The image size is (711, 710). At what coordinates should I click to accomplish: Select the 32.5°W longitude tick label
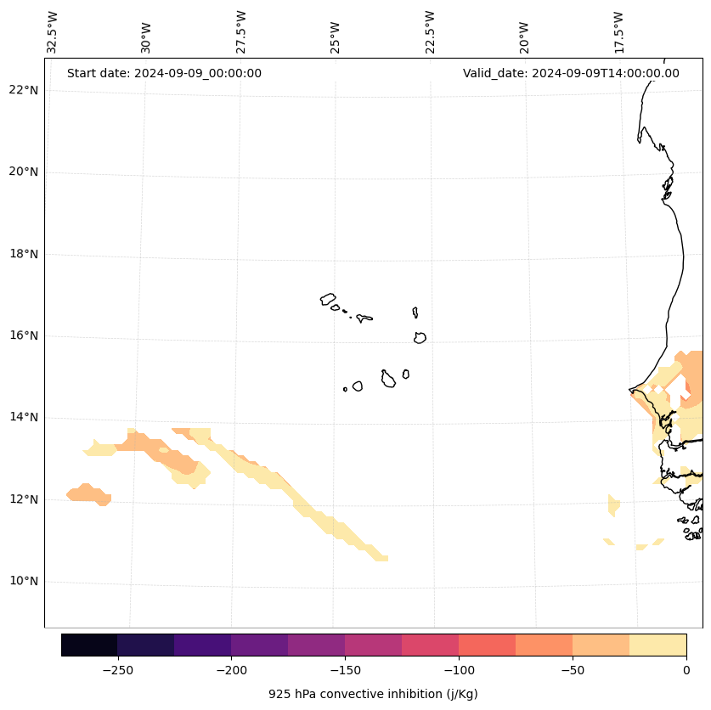click(x=53, y=32)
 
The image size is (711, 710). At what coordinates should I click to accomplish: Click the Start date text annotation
click(x=164, y=73)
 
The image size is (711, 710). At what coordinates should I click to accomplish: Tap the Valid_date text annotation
click(x=571, y=73)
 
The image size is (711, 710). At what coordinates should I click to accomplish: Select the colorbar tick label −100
click(x=459, y=670)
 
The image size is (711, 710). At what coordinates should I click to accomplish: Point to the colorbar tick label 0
click(x=686, y=670)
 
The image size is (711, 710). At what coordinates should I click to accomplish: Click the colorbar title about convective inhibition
click(x=373, y=694)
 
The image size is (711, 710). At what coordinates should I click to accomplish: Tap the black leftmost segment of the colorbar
click(x=89, y=645)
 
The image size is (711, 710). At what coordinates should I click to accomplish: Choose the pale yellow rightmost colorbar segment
click(x=657, y=645)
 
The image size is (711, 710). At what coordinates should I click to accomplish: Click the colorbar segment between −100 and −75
click(x=487, y=645)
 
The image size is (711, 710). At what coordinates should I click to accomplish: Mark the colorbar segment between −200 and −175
click(x=259, y=645)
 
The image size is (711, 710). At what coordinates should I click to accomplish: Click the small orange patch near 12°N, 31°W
click(x=89, y=493)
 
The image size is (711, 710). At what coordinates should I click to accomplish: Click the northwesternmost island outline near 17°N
click(x=328, y=299)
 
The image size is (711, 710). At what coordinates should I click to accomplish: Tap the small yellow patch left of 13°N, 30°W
click(x=100, y=448)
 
